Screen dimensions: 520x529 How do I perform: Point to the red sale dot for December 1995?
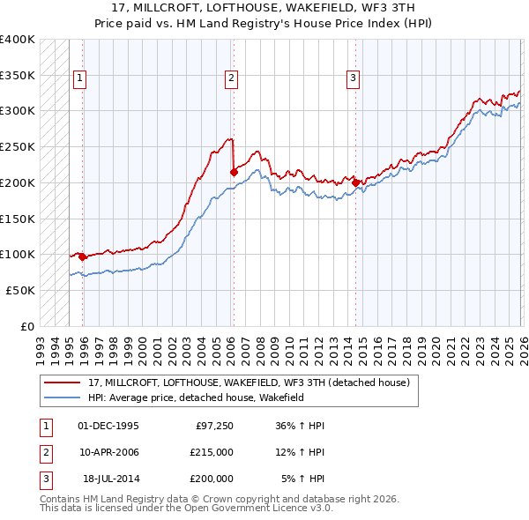(x=83, y=257)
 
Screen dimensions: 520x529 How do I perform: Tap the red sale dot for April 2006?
(x=234, y=173)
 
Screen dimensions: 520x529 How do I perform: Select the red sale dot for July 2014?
(x=355, y=183)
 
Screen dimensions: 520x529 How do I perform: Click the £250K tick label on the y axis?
(x=17, y=146)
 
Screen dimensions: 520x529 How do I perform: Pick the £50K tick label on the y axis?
(x=20, y=290)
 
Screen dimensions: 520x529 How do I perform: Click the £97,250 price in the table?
(x=212, y=425)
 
